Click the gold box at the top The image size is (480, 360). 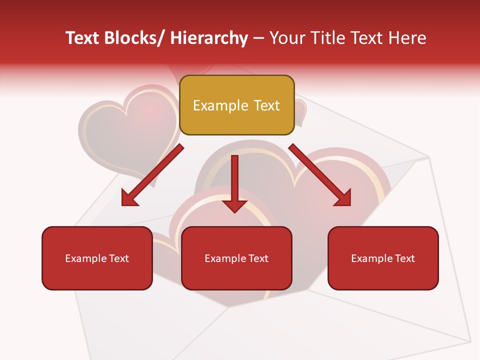tap(236, 105)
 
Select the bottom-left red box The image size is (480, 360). tap(97, 258)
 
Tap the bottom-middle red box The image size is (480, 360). tap(236, 258)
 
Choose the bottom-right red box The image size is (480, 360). tap(383, 258)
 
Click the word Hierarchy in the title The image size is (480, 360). tap(209, 38)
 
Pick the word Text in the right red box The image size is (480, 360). tap(404, 258)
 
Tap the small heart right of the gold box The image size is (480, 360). tap(300, 112)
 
